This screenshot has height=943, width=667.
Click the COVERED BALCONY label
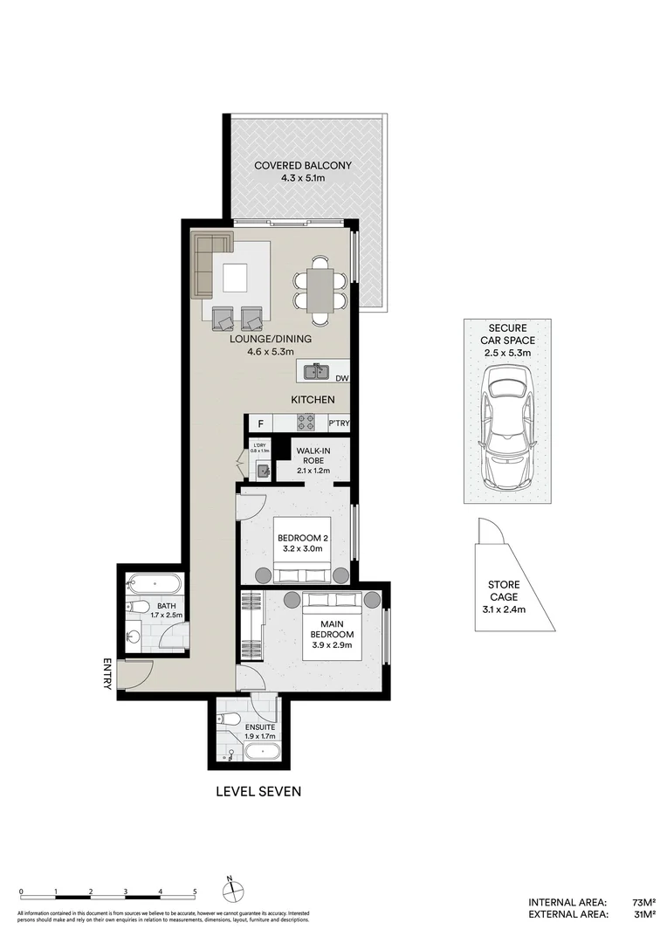(290, 166)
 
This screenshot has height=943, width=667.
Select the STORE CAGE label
(503, 597)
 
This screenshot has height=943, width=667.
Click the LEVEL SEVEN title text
(258, 792)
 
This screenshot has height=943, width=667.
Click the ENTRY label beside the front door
(107, 673)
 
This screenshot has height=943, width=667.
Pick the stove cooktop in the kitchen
(306, 423)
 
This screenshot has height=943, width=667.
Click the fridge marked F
(259, 424)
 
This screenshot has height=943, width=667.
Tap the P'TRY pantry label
(339, 424)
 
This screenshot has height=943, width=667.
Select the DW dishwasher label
(341, 378)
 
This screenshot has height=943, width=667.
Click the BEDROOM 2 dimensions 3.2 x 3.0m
(300, 549)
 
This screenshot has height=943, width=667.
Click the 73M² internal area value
(643, 902)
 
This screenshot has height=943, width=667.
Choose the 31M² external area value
(643, 914)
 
